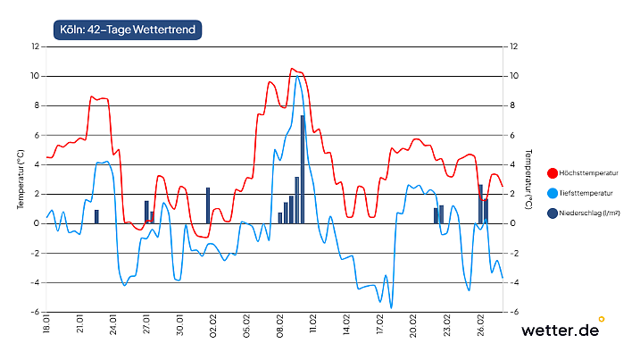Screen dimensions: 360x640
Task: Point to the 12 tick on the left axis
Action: coord(35,46)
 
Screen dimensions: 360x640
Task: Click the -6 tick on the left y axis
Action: coord(35,313)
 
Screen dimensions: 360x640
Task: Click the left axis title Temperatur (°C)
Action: coord(21,180)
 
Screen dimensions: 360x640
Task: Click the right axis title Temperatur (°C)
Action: coord(530,180)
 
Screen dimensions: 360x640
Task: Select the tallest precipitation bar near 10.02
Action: coord(303,169)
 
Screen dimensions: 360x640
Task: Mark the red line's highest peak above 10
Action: coord(292,69)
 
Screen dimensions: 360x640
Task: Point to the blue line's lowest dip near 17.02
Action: coord(391,307)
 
